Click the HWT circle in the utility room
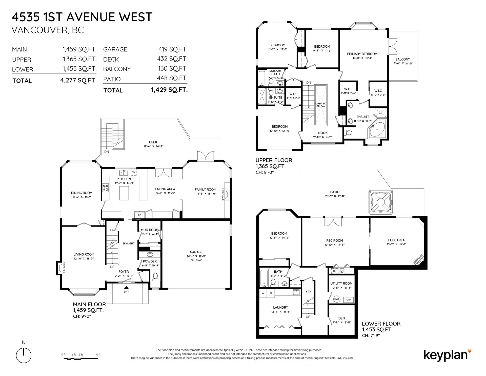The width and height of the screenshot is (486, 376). [x=337, y=299]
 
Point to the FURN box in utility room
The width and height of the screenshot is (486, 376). [x=348, y=299]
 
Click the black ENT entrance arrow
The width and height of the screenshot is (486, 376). [x=126, y=287]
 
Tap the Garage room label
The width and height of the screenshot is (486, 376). [x=196, y=252]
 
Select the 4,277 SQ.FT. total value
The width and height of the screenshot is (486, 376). [x=78, y=81]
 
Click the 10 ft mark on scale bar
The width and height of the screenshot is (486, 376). [x=98, y=355]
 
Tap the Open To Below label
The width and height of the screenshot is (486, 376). [x=320, y=105]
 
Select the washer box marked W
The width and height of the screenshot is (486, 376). [x=263, y=293]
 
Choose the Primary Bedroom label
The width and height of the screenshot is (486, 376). [x=362, y=54]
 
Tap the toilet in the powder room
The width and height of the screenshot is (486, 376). [x=155, y=276]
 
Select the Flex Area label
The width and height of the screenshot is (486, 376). [x=396, y=240]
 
